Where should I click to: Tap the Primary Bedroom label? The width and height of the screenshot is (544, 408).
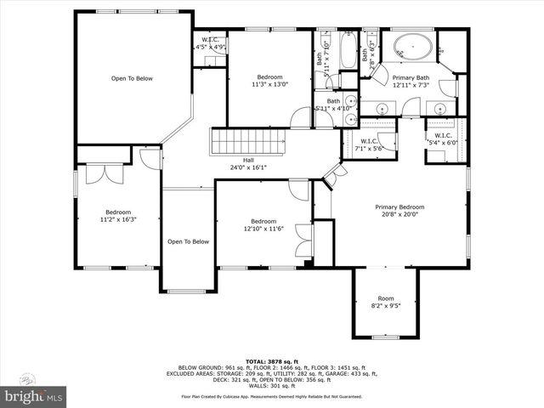(399, 211)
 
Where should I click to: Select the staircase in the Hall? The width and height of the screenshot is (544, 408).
(232, 140)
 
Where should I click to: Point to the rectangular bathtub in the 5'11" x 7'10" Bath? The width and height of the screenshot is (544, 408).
(348, 51)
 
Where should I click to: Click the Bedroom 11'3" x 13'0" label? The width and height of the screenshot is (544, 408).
(269, 81)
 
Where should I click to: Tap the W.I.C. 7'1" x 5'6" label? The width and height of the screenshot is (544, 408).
(369, 144)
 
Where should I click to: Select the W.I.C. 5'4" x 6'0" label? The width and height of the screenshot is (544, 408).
(443, 139)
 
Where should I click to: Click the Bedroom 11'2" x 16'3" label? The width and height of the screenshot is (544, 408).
(118, 215)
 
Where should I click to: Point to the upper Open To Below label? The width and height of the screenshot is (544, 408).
(132, 78)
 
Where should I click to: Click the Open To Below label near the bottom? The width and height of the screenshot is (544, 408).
(188, 241)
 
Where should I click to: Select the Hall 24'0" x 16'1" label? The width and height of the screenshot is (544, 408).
(249, 163)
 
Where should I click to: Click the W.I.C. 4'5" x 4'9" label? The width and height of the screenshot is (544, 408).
(209, 44)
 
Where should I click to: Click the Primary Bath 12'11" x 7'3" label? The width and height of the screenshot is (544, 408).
(411, 82)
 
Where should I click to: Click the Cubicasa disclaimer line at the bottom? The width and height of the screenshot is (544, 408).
(272, 395)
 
